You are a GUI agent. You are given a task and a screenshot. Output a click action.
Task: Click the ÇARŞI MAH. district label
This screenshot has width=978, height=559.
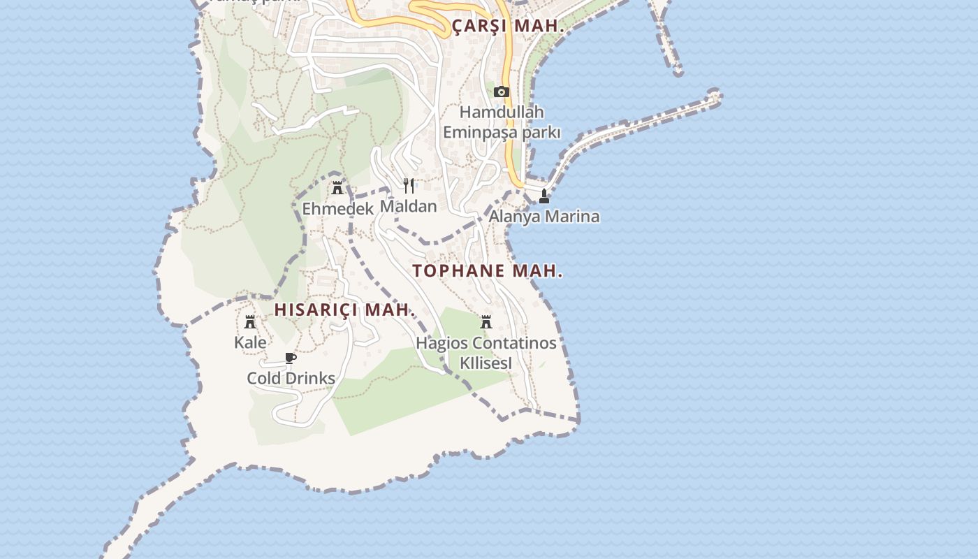point(508,27)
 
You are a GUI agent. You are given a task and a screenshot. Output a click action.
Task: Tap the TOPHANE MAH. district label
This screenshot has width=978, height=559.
point(488,271)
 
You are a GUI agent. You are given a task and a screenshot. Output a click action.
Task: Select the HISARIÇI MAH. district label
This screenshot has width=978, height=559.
point(344,310)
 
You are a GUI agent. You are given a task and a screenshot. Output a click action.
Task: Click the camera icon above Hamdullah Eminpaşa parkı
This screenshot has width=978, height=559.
point(501,92)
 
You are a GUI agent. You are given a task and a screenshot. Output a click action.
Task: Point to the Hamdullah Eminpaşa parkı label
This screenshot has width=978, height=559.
point(502,122)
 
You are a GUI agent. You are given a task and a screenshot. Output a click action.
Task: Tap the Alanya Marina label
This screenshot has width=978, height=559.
point(543,216)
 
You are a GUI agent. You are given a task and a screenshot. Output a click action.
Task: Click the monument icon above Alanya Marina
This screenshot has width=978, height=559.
point(544,196)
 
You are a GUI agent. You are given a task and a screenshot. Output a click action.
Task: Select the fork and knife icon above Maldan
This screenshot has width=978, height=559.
point(409,185)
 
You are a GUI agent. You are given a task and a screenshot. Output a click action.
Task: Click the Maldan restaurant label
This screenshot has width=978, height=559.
point(409,206)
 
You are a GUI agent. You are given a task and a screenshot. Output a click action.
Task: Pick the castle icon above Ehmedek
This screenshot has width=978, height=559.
point(337,187)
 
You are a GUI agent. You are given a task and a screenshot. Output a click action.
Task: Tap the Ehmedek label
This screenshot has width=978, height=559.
point(337,209)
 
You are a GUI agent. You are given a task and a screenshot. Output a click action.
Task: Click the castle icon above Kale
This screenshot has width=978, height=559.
point(250,322)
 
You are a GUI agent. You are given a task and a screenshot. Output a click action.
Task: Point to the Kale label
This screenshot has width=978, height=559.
point(250,342)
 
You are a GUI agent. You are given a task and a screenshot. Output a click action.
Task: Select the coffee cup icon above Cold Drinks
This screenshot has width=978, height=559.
point(291,358)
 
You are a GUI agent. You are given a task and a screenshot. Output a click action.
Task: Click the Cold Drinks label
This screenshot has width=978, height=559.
point(291,378)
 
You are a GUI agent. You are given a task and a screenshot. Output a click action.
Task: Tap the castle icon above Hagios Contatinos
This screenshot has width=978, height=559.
point(486,322)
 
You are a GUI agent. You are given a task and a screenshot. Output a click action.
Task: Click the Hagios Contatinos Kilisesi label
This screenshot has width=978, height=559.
point(486,353)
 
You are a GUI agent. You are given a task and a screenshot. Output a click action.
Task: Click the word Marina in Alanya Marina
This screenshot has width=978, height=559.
point(571,216)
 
